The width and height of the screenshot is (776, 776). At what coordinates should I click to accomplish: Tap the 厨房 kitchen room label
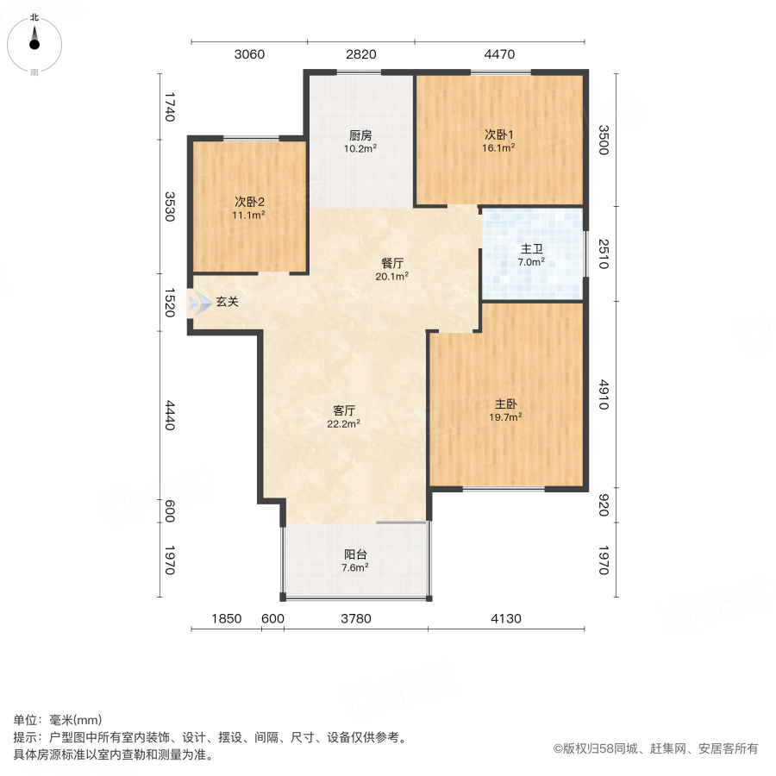360,135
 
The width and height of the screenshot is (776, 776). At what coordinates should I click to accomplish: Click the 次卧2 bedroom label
248,202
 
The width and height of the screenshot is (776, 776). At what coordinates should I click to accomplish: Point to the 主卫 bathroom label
531,249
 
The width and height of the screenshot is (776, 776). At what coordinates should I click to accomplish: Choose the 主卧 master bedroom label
507,404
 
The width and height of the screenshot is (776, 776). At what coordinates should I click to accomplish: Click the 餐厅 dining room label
393,264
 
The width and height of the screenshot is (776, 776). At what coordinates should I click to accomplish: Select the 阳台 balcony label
355,554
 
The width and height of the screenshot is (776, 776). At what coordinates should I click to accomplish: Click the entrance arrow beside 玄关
200,302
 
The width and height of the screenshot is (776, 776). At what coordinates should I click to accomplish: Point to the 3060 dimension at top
249,55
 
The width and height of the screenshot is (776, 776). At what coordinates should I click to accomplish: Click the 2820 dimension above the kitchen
361,55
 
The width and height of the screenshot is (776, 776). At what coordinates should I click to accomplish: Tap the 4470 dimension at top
499,55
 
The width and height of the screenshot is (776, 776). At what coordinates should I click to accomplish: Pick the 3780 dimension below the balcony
355,618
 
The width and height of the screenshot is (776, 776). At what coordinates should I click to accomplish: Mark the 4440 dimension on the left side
170,416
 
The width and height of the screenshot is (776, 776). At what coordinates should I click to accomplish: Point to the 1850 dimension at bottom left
226,618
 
